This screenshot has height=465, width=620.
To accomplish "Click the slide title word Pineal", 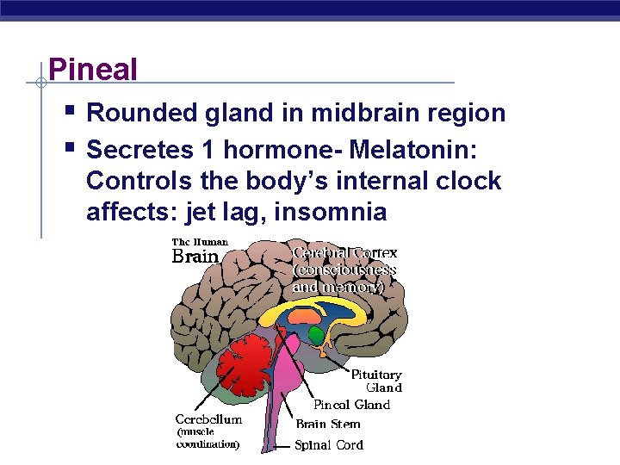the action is tap(93, 69).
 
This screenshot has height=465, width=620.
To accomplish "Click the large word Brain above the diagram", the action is tap(196, 257).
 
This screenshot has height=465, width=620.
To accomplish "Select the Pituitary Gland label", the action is tap(376, 381).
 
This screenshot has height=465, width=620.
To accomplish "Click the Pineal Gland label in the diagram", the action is tap(351, 405).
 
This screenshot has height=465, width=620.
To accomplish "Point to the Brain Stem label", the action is tap(328, 425).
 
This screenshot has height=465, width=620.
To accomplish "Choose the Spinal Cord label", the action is tap(329, 445).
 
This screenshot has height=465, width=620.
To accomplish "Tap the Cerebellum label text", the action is tap(209, 419).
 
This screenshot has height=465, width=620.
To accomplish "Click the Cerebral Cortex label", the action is tap(345, 253).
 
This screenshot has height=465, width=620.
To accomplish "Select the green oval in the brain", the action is tap(317, 333).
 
